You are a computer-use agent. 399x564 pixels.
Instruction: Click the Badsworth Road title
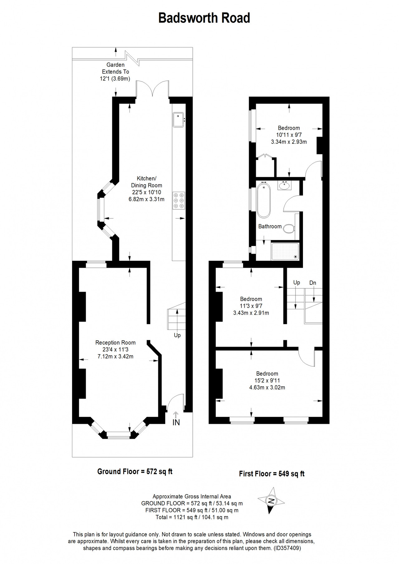tap(204, 18)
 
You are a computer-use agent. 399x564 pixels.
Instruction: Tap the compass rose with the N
tap(271, 501)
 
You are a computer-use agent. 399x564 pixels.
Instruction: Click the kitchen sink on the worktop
tap(179, 120)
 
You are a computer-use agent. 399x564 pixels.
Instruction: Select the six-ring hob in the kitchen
tap(179, 200)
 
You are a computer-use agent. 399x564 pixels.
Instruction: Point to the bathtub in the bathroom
tap(264, 200)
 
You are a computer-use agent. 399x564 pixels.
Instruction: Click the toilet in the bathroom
tap(289, 229)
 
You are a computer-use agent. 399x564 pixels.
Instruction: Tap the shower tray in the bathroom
tap(285, 251)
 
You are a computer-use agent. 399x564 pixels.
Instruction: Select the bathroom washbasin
tap(285, 186)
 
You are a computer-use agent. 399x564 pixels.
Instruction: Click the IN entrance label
tap(176, 422)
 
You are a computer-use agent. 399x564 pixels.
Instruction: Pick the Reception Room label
tap(115, 342)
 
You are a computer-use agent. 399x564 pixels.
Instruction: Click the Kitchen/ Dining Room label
tap(147, 182)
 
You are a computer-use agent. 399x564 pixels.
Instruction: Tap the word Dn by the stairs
tap(313, 283)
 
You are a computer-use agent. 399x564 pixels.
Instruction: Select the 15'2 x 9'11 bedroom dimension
tap(267, 380)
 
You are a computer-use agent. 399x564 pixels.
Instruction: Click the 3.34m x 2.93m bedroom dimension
tap(289, 142)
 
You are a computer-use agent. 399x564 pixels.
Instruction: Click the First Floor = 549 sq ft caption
tap(272, 474)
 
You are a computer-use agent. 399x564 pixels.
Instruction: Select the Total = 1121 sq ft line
tap(192, 517)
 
